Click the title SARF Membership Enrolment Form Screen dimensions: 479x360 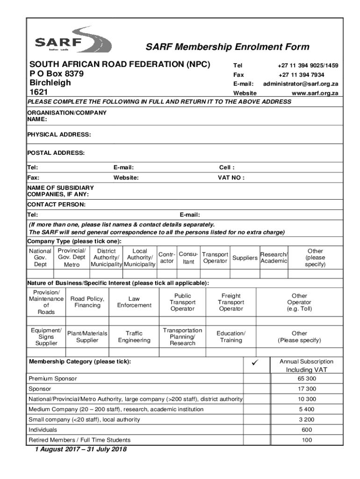click(227, 47)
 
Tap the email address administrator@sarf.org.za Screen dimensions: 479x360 click(300, 84)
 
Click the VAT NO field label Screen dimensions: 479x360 click(231, 178)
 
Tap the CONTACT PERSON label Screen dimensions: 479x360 click(56, 205)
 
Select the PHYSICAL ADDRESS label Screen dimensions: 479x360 click(59, 135)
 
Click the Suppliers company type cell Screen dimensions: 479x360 click(245, 258)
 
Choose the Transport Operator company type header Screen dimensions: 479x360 click(215, 258)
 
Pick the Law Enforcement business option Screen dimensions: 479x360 click(134, 302)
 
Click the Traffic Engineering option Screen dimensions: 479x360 click(134, 337)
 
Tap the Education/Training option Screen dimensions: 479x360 click(231, 337)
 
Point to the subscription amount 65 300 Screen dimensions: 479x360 click(306, 378)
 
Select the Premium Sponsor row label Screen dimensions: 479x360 click(53, 378)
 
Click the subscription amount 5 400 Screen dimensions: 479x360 click(307, 409)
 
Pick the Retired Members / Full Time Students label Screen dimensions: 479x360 click(79, 440)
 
